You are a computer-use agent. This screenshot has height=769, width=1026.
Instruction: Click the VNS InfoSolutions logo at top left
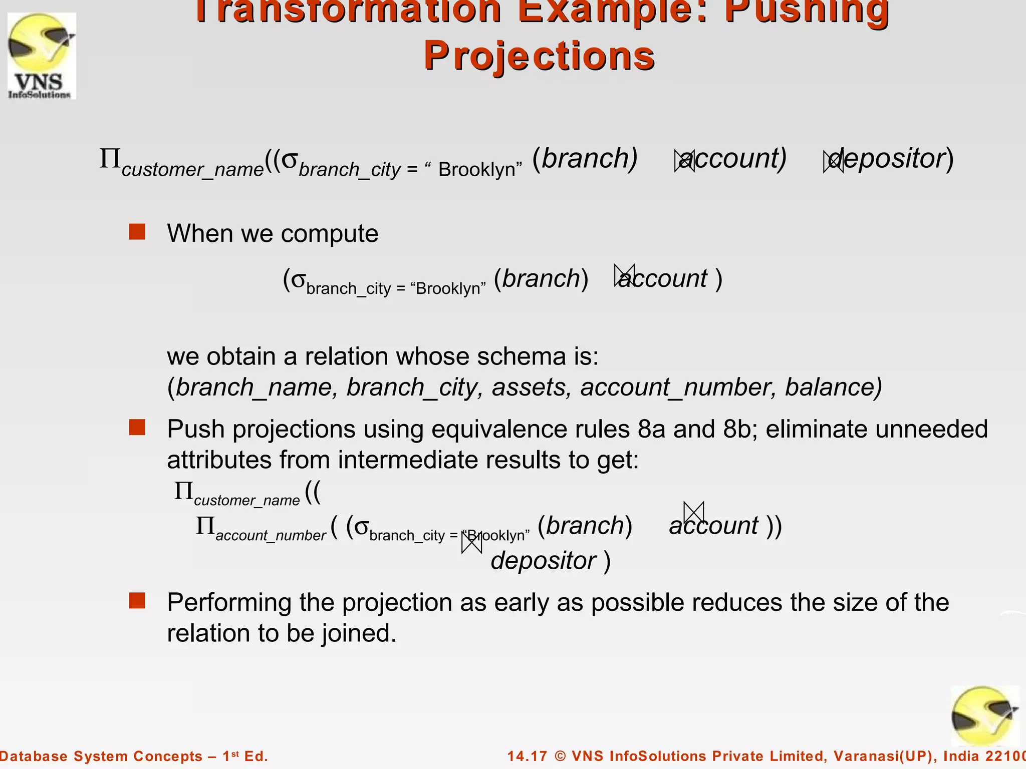[x=42, y=56]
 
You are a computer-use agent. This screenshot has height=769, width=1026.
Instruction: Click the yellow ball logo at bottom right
[x=984, y=716]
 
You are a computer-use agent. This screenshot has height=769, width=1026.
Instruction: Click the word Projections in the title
[x=539, y=56]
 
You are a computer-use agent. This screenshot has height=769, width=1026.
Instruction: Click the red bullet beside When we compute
[x=137, y=232]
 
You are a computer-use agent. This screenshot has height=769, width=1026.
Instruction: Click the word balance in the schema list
[x=832, y=388]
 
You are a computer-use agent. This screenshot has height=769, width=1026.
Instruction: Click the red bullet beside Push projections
[x=137, y=428]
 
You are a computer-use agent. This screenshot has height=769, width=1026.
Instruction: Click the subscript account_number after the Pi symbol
[x=271, y=536]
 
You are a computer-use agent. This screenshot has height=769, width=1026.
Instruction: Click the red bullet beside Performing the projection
[x=137, y=601]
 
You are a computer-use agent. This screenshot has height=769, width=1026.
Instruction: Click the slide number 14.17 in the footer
[x=527, y=756]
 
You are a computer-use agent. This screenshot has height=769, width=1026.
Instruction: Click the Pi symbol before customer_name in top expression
[x=110, y=159]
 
